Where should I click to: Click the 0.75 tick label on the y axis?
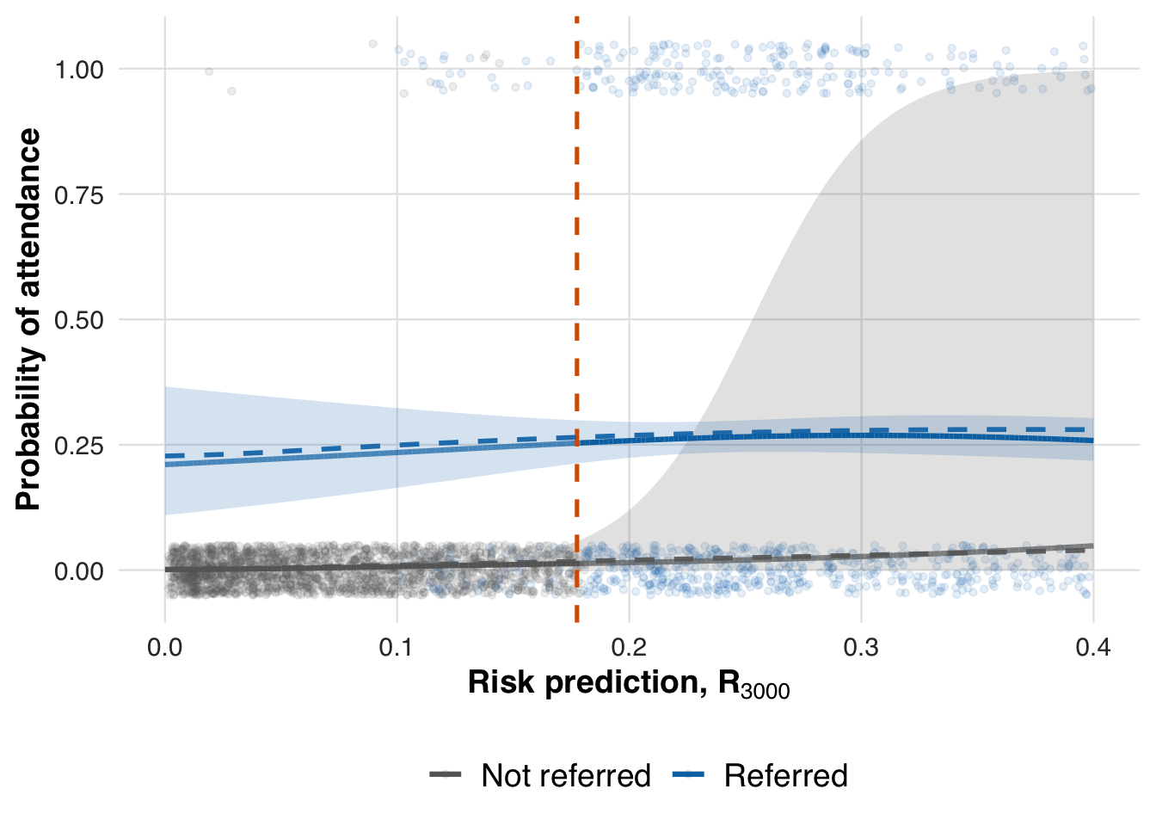[78, 195]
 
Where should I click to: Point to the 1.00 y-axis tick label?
[78, 70]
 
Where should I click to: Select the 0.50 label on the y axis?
[78, 320]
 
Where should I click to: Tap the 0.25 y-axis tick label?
[78, 446]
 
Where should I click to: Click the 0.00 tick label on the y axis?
[78, 571]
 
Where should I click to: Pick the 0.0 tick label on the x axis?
[165, 647]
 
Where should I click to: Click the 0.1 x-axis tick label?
[397, 647]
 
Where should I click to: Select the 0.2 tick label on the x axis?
[629, 647]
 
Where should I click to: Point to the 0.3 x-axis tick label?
[861, 647]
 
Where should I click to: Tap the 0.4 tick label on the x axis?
[1092, 647]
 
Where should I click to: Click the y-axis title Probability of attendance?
[28, 319]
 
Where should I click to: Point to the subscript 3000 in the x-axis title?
[766, 691]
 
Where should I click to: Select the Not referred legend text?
[566, 776]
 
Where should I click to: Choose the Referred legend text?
[785, 776]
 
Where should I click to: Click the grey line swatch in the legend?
[446, 776]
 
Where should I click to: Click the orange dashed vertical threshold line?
[576, 258]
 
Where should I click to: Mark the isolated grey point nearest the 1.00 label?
[209, 71]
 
